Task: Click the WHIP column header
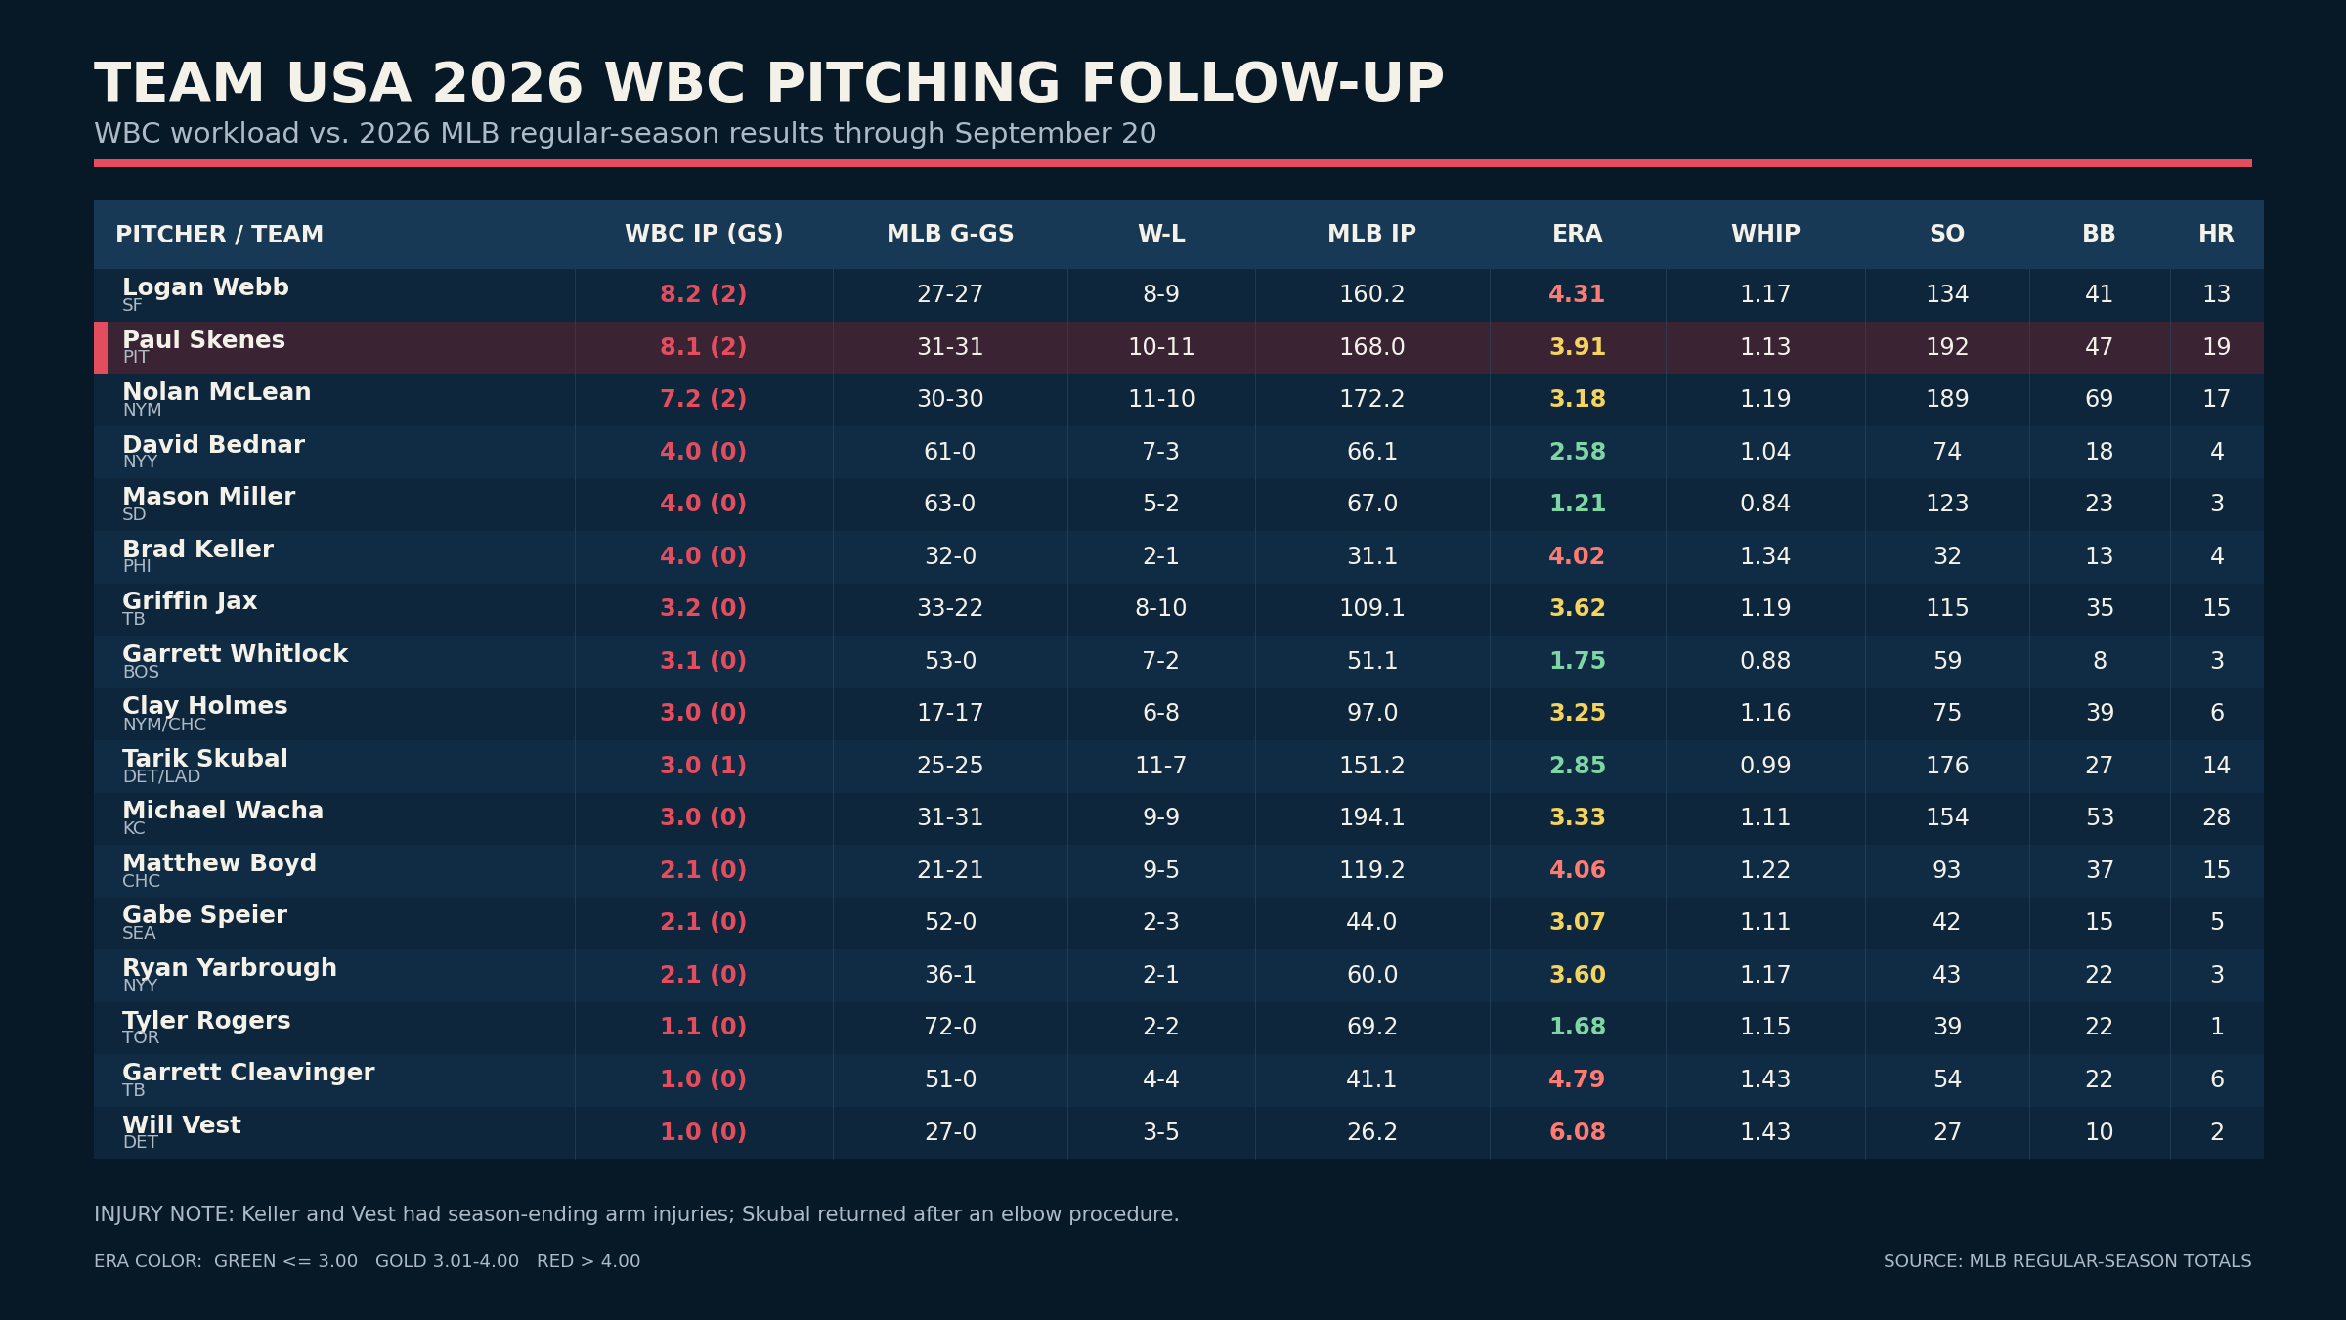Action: (x=1765, y=235)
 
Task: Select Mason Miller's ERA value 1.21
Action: (x=1578, y=504)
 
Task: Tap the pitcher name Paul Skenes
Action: (x=203, y=340)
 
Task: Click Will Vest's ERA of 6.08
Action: (x=1578, y=1132)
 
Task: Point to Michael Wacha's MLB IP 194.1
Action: (x=1372, y=817)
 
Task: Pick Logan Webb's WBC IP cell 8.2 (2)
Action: (x=704, y=294)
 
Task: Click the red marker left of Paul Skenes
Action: (x=101, y=347)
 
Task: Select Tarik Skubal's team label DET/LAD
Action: (x=161, y=776)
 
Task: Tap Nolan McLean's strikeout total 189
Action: (x=1947, y=399)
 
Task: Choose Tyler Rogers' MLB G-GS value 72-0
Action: (x=950, y=1027)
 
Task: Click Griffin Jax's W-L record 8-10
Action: (x=1161, y=608)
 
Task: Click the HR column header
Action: (x=2216, y=235)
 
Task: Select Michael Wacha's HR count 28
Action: (x=2217, y=817)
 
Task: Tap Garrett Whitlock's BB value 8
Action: (x=2100, y=661)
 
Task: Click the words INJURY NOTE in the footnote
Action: (x=164, y=1214)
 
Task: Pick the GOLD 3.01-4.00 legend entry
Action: (x=447, y=1261)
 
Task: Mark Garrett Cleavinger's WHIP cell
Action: (x=1765, y=1079)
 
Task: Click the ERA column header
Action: (x=1578, y=235)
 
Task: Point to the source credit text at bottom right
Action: (x=2067, y=1261)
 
